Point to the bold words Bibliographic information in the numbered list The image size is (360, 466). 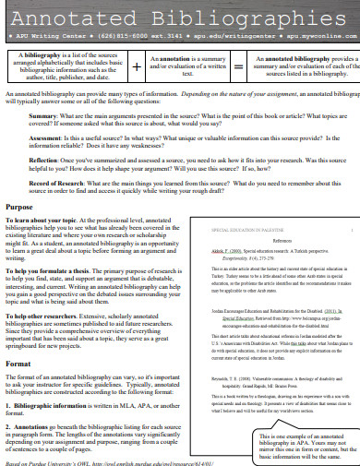point(62,402)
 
